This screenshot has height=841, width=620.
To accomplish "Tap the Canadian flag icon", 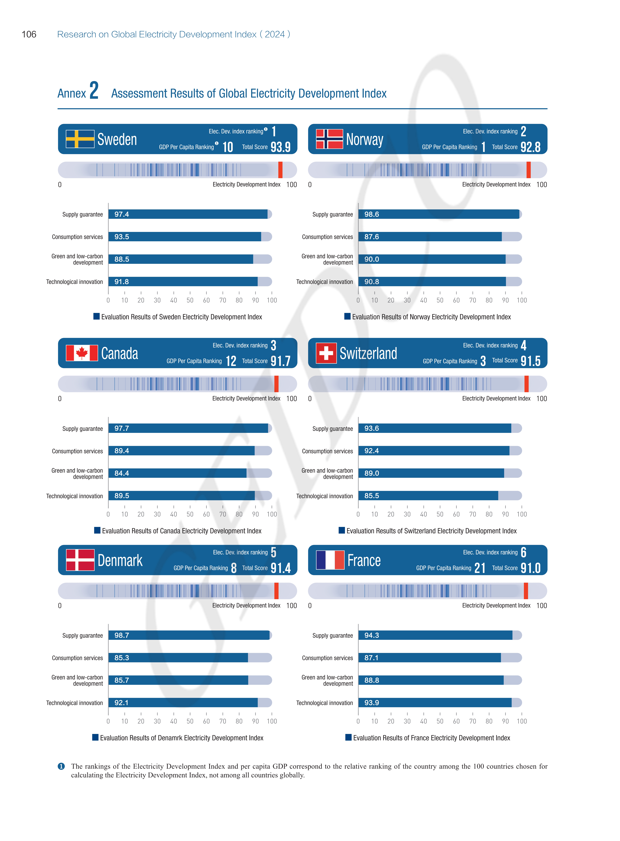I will pyautogui.click(x=82, y=353).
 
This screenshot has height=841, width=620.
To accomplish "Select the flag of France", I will pyautogui.click(x=330, y=560).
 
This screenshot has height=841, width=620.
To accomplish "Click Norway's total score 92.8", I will pyautogui.click(x=530, y=147).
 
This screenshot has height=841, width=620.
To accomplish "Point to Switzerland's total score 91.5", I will pyautogui.click(x=530, y=361).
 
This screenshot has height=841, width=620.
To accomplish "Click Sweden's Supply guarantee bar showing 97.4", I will pyautogui.click(x=188, y=214).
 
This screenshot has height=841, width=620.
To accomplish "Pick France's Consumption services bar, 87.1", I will pyautogui.click(x=429, y=658).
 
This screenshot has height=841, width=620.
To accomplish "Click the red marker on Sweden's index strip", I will pyautogui.click(x=280, y=170).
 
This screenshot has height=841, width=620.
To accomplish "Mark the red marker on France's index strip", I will pyautogui.click(x=526, y=591).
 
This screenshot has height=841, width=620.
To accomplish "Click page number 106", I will pyautogui.click(x=29, y=34).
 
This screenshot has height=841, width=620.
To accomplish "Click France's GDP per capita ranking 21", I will pyautogui.click(x=480, y=568).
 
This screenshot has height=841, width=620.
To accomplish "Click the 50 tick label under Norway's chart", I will pyautogui.click(x=440, y=300).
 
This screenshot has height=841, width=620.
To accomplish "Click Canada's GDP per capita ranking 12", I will pyautogui.click(x=231, y=361).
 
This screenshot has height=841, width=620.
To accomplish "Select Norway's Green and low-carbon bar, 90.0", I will pyautogui.click(x=432, y=259).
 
